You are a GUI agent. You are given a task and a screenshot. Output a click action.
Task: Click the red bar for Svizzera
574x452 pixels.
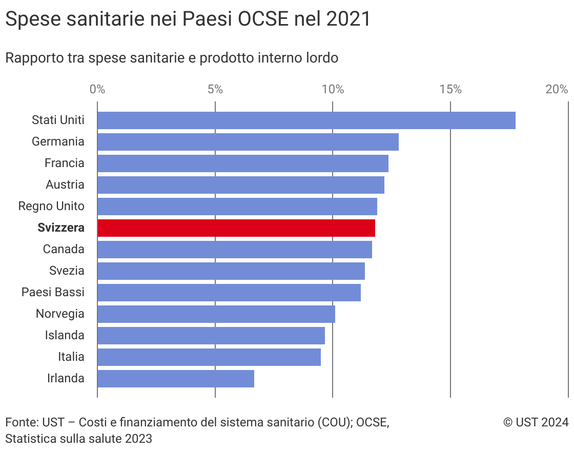236,228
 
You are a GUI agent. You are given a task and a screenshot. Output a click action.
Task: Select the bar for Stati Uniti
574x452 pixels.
306,120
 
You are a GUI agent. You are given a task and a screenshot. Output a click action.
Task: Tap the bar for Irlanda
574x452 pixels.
175,379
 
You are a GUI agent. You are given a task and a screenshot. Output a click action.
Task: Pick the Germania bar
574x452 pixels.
248,142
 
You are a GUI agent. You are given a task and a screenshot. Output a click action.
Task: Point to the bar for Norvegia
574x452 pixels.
216,314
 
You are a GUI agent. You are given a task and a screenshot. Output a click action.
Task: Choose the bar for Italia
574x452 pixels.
209,357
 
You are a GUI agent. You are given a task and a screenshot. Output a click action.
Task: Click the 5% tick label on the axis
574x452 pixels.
215,89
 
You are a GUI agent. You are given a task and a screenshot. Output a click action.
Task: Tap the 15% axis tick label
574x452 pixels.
450,89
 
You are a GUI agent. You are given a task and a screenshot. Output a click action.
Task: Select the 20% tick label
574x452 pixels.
557,89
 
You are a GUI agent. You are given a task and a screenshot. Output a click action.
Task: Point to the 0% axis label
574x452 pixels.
97,89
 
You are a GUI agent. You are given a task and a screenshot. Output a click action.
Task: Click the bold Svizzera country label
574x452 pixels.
61,228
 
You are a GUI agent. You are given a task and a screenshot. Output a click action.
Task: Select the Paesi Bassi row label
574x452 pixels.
53,293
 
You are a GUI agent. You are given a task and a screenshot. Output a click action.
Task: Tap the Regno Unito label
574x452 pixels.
51,207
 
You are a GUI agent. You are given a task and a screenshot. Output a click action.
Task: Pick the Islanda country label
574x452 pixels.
65,336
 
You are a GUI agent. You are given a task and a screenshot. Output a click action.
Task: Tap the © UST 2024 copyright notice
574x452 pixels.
536,422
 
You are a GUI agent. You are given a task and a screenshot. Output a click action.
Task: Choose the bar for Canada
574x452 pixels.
234,250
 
